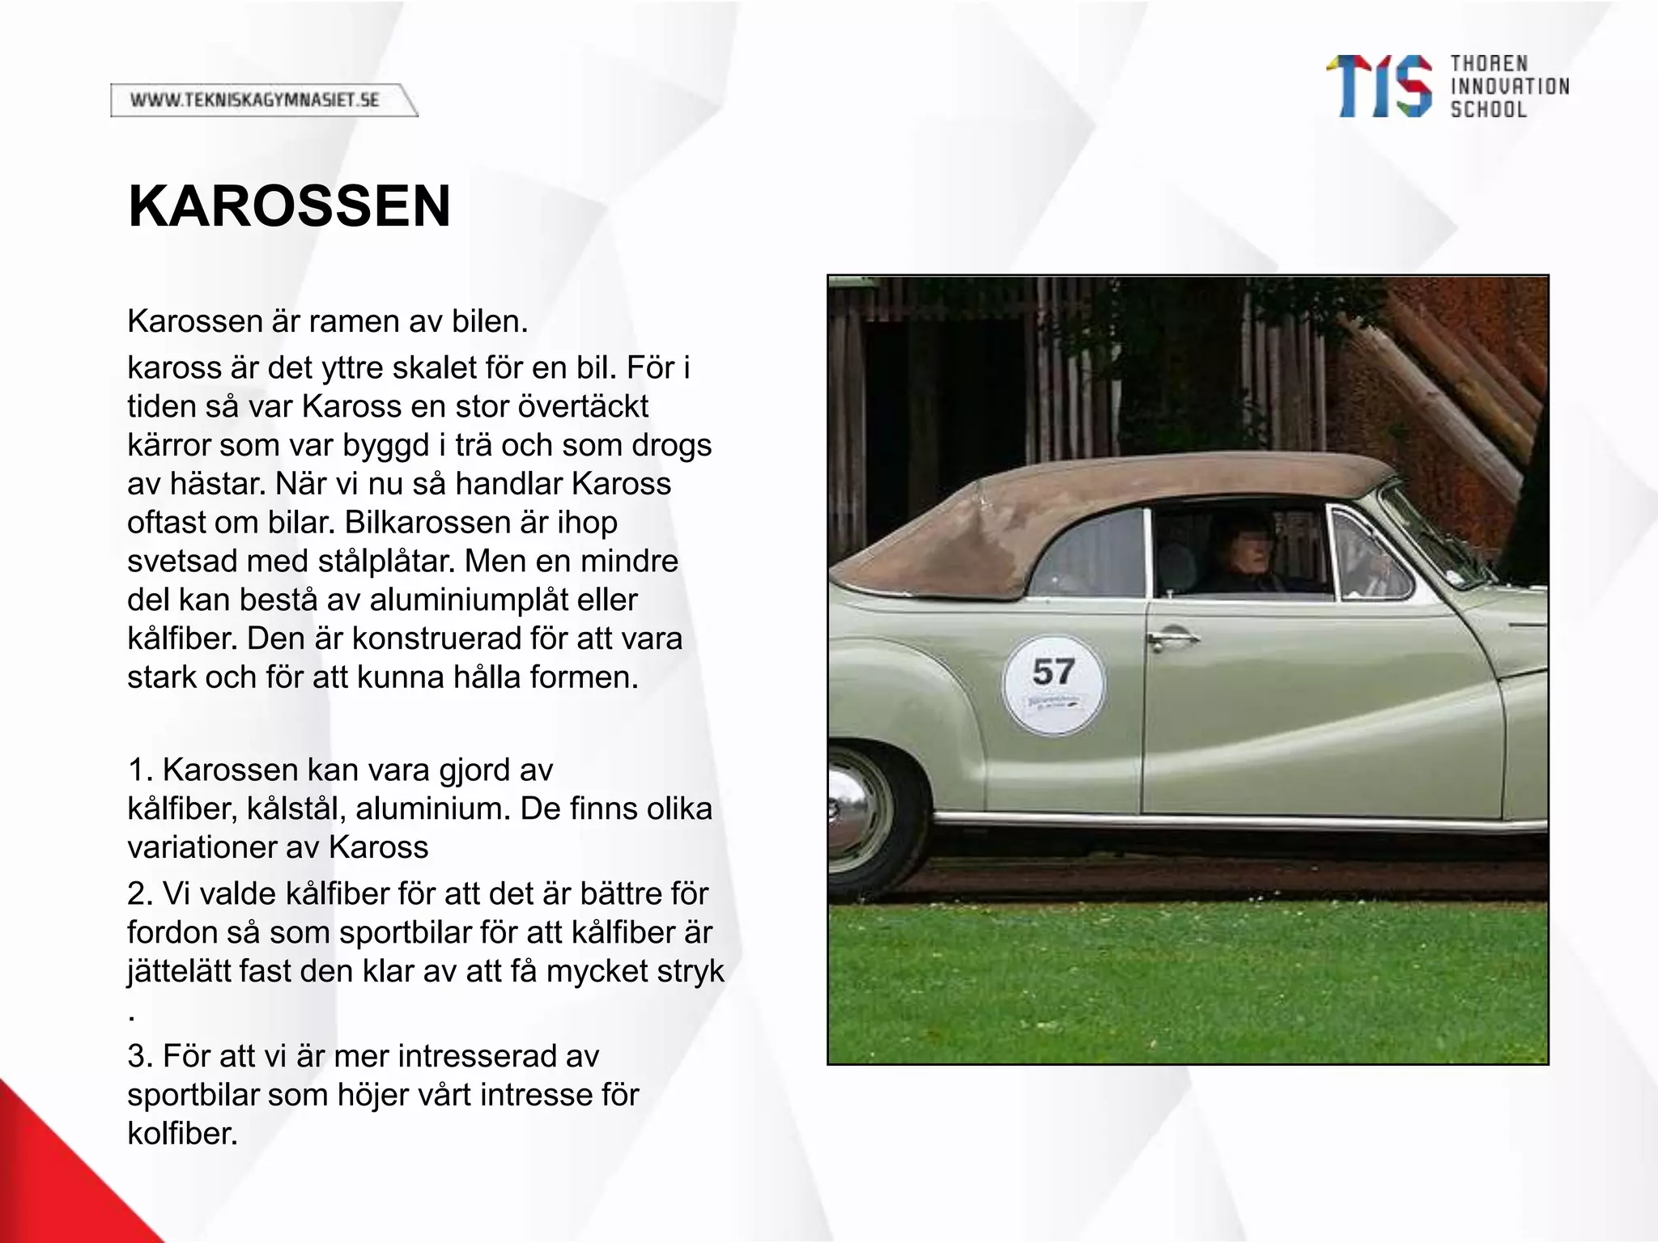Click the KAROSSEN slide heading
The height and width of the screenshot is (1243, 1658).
tap(289, 207)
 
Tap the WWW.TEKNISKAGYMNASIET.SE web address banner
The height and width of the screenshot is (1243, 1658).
tap(255, 100)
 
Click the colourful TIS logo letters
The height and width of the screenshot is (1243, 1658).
tap(1379, 87)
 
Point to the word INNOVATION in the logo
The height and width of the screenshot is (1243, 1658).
tap(1509, 87)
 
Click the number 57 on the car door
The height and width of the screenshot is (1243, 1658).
tap(1053, 672)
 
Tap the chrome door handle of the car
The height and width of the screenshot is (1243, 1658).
tap(1172, 638)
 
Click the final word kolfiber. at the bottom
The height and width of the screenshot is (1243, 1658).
tap(182, 1134)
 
